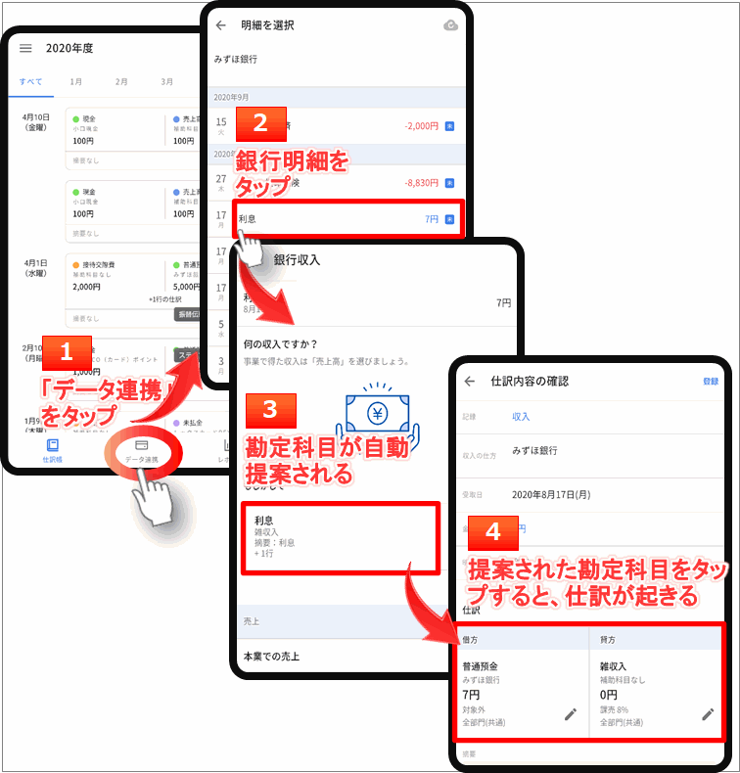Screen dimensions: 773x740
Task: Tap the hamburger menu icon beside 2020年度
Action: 25,48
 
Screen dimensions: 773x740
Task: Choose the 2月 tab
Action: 120,82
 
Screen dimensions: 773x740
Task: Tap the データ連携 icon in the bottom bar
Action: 141,450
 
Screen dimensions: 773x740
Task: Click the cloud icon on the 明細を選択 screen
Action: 450,25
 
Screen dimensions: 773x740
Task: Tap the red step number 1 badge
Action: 67,352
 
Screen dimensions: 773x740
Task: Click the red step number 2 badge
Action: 259,123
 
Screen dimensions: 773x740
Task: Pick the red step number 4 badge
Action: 493,531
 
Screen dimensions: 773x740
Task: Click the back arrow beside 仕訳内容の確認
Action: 470,381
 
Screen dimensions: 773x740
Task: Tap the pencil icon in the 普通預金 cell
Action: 571,714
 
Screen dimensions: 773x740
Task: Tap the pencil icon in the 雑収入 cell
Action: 708,714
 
